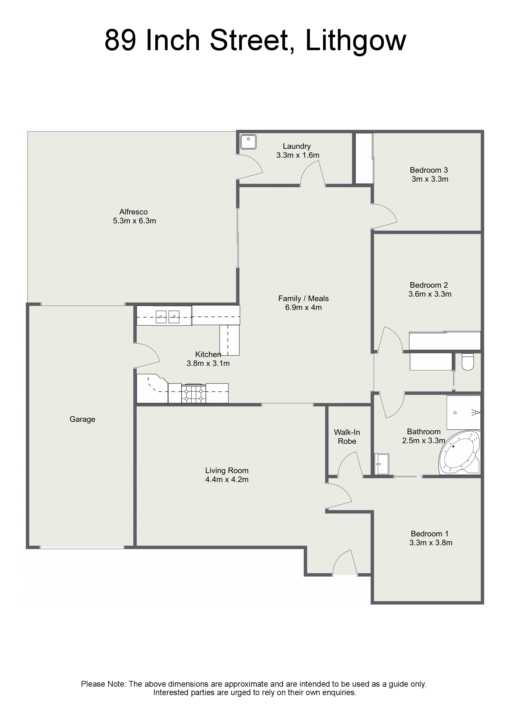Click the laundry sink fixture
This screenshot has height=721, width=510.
[x=248, y=142]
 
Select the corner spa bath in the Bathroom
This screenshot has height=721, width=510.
[x=459, y=453]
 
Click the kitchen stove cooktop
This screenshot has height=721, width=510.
[x=194, y=393]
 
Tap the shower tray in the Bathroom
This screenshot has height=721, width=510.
[x=464, y=412]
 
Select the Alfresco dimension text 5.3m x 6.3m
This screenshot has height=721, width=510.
[x=134, y=221]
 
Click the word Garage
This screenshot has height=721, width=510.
[x=82, y=419]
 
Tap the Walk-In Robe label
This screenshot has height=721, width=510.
[x=347, y=437]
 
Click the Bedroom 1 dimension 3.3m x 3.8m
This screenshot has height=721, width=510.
[x=431, y=543]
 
